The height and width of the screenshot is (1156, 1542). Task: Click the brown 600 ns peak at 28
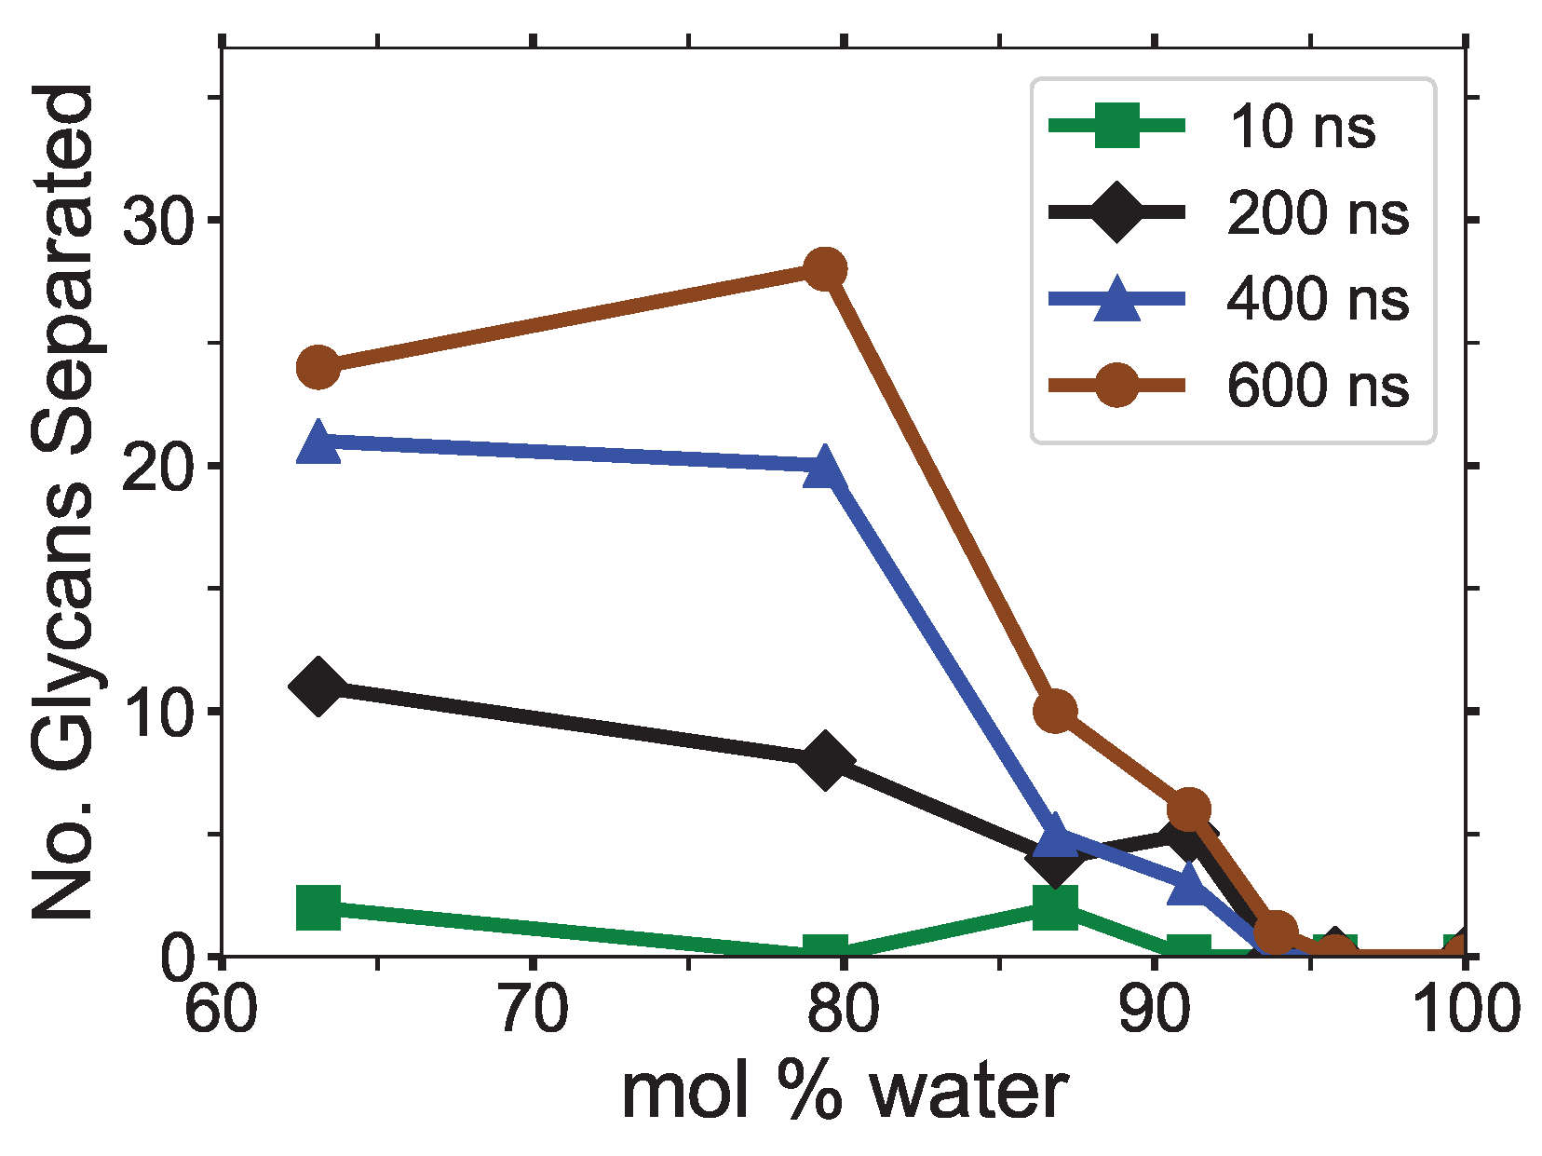[824, 269]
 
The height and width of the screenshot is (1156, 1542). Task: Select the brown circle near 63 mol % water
[318, 368]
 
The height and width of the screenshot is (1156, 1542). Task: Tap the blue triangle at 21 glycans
[318, 442]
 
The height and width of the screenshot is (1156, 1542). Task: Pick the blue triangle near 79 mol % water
[824, 468]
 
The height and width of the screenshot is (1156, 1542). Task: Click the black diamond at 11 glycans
[318, 686]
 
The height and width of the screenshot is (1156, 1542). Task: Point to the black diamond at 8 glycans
[824, 760]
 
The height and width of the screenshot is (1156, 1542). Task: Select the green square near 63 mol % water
[318, 907]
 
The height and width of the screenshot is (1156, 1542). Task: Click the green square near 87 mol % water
[1055, 907]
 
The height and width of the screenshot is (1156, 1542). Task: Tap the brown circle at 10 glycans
[1055, 712]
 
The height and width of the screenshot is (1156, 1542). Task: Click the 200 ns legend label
[1317, 212]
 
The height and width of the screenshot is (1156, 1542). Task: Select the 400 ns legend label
[1317, 299]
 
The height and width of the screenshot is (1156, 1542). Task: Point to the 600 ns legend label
[1317, 385]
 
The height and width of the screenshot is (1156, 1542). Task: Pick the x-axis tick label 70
[533, 1010]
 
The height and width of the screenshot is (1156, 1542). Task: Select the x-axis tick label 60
[222, 1010]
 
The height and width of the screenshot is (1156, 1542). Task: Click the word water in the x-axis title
[968, 1092]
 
